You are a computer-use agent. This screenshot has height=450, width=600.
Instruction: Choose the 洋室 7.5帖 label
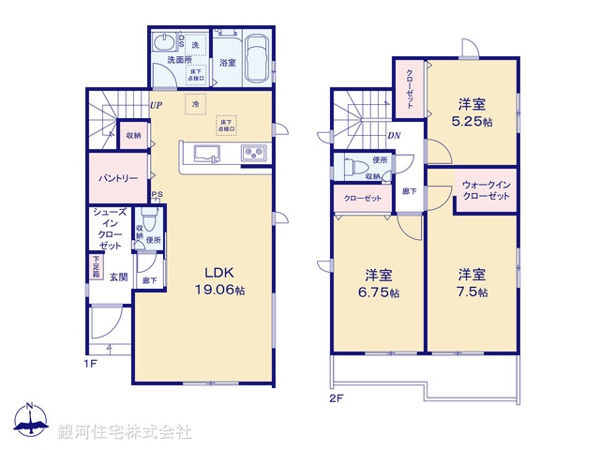click(472, 283)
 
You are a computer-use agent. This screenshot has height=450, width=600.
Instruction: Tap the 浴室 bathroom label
click(228, 63)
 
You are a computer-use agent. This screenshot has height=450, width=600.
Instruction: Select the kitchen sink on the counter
click(204, 153)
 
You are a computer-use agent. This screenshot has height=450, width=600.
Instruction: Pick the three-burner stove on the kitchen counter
click(254, 154)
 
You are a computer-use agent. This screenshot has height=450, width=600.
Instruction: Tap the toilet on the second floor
click(353, 169)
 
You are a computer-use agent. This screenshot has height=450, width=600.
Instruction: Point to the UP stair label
click(157, 104)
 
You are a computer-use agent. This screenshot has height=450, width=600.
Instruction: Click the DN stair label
click(394, 134)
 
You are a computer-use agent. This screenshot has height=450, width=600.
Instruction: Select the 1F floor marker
click(91, 361)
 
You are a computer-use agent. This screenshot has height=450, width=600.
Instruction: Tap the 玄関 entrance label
click(118, 277)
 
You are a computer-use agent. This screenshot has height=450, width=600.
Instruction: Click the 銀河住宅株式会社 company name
click(125, 432)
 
